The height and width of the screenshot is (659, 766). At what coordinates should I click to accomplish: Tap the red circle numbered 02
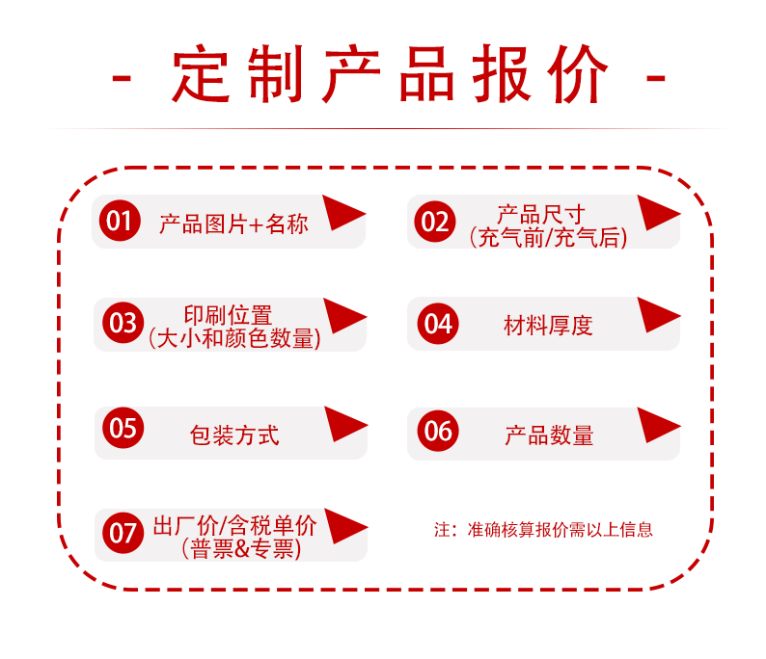pyautogui.click(x=435, y=222)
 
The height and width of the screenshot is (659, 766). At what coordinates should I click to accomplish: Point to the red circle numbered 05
pyautogui.click(x=123, y=427)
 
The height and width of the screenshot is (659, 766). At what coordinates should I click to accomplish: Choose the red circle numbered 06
pyautogui.click(x=438, y=429)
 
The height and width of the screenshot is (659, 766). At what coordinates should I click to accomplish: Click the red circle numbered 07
pyautogui.click(x=123, y=532)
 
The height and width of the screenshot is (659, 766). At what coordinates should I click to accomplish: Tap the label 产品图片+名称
pyautogui.click(x=233, y=224)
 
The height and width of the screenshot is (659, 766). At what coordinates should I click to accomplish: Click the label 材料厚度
pyautogui.click(x=548, y=326)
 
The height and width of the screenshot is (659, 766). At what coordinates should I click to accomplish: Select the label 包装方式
pyautogui.click(x=234, y=435)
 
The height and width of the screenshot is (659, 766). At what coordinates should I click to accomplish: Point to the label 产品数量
pyautogui.click(x=549, y=435)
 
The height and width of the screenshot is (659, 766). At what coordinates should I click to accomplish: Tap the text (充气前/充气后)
pyautogui.click(x=548, y=237)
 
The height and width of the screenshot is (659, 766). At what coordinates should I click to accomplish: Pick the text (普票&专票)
pyautogui.click(x=242, y=549)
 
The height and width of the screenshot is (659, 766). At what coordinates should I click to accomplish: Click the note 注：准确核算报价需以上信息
pyautogui.click(x=543, y=529)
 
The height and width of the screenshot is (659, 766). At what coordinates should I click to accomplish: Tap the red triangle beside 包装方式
pyautogui.click(x=343, y=424)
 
